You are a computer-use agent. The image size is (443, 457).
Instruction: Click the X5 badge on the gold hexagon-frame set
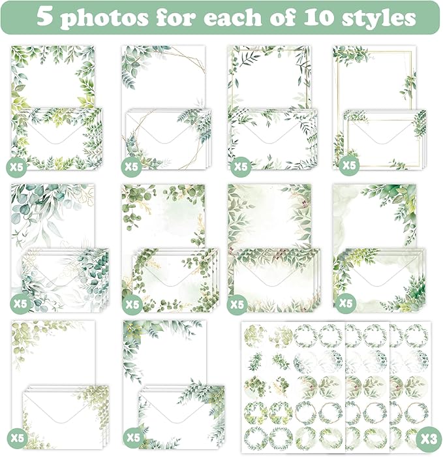132,166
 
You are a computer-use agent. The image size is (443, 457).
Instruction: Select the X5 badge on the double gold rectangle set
349,166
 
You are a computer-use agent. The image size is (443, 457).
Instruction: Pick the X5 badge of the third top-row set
241,166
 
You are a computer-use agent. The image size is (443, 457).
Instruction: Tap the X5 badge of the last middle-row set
346,304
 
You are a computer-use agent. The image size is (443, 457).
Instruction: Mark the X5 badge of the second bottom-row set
132,436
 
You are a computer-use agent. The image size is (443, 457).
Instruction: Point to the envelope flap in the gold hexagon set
164,129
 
